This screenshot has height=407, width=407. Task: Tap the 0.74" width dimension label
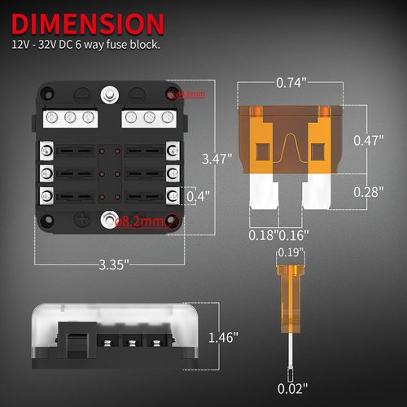click(290, 82)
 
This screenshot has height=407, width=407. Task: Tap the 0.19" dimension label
click(289, 252)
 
